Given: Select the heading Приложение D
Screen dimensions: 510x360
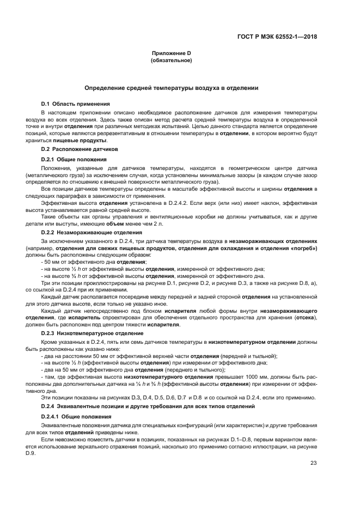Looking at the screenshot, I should [171, 53].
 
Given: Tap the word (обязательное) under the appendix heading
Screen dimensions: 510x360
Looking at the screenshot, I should [171, 60].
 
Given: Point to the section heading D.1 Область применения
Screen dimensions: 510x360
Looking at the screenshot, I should [76, 104].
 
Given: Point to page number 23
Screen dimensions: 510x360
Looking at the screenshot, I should [313, 463].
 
